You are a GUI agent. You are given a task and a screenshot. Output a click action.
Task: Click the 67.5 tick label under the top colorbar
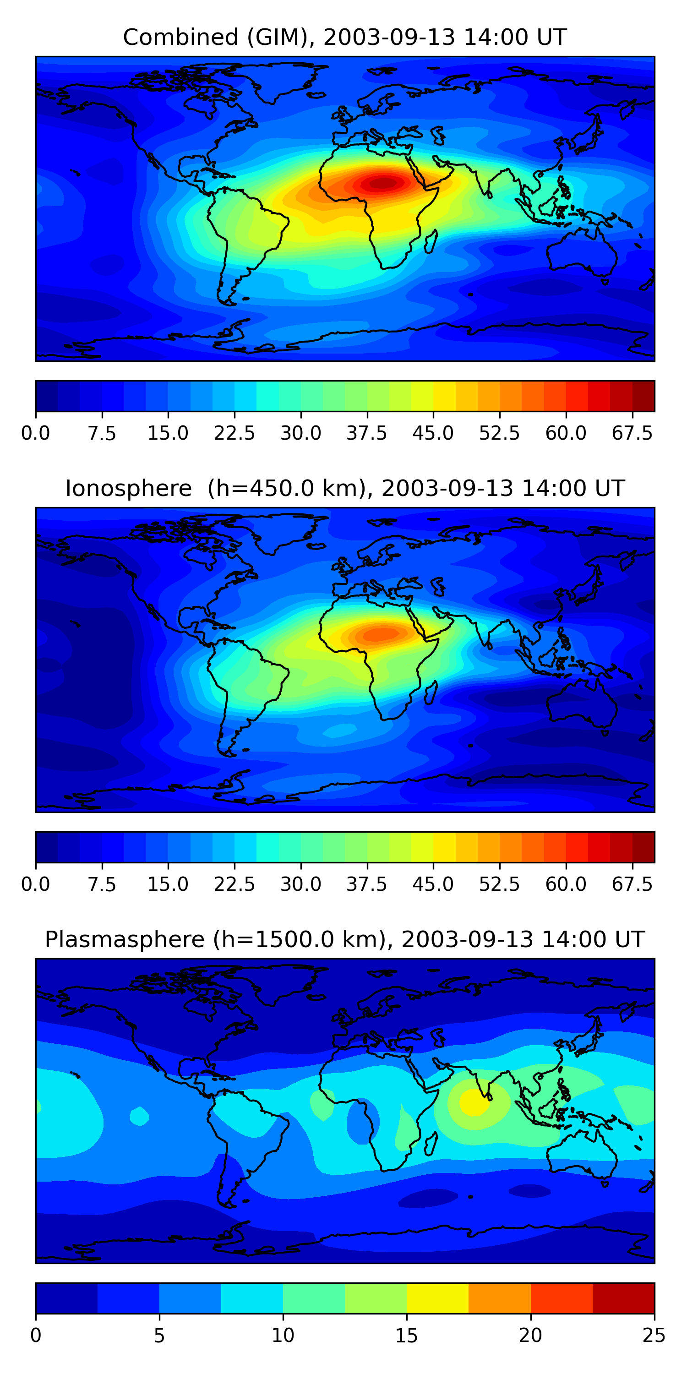tap(632, 433)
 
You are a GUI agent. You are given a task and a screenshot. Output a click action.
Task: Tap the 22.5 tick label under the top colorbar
tap(234, 433)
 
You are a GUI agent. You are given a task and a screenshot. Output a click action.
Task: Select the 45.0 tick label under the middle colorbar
tap(433, 884)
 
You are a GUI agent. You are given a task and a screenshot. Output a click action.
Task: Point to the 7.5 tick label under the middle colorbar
tap(102, 884)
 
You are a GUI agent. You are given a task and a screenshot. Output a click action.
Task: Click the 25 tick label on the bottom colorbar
tap(654, 1336)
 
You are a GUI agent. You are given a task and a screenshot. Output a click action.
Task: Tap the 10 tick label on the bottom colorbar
tap(283, 1336)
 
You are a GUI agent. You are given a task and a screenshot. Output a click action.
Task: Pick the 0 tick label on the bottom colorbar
tap(36, 1336)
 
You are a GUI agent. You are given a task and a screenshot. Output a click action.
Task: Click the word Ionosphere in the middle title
tap(128, 489)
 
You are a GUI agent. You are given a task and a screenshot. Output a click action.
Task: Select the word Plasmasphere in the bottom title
tap(124, 940)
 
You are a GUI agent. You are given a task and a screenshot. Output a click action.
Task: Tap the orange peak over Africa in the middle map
tap(380, 634)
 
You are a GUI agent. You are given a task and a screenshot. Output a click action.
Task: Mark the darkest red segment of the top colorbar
tap(643, 396)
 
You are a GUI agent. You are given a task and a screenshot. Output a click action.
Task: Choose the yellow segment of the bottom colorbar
tap(437, 1298)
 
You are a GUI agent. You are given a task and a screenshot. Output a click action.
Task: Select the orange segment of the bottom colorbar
tap(499, 1298)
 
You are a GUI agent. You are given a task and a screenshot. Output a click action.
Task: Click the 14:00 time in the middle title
tap(544, 489)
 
